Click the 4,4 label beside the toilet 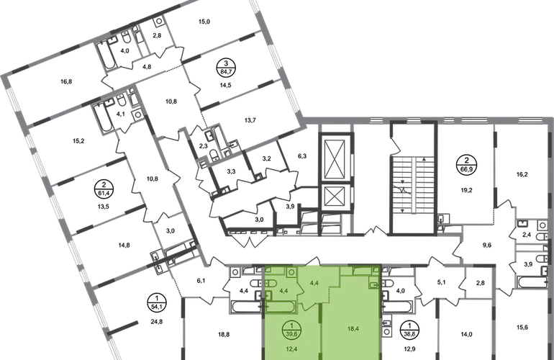283,291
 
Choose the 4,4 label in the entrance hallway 313,284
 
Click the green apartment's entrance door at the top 315,264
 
